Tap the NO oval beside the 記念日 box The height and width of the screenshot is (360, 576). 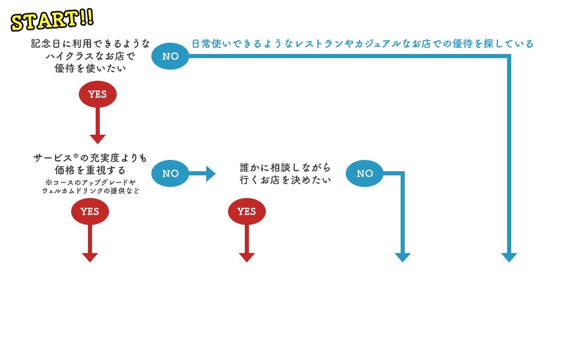pyautogui.click(x=170, y=56)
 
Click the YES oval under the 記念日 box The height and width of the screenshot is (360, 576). pyautogui.click(x=97, y=94)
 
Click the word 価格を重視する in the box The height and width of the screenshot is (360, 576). pyautogui.click(x=90, y=170)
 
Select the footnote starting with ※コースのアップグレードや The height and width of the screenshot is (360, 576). pyautogui.click(x=90, y=187)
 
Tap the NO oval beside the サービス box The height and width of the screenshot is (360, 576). pyautogui.click(x=170, y=173)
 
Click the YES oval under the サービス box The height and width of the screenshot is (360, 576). pyautogui.click(x=90, y=211)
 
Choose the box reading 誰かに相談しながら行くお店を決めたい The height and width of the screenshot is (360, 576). pyautogui.click(x=285, y=173)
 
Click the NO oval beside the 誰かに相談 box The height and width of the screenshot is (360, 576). pyautogui.click(x=365, y=173)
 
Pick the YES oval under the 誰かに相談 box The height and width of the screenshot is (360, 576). pyautogui.click(x=247, y=211)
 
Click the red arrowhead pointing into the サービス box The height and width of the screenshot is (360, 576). pyautogui.click(x=97, y=139)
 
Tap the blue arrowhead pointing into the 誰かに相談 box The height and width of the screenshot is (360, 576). pyautogui.click(x=211, y=173)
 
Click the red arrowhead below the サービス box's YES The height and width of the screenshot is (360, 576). pyautogui.click(x=90, y=258)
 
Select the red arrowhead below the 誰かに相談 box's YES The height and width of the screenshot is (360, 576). pyautogui.click(x=247, y=258)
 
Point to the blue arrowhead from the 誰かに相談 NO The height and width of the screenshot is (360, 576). pyautogui.click(x=403, y=258)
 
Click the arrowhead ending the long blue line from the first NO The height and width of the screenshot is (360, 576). pyautogui.click(x=509, y=258)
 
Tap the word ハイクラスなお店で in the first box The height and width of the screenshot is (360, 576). pyautogui.click(x=90, y=56)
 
